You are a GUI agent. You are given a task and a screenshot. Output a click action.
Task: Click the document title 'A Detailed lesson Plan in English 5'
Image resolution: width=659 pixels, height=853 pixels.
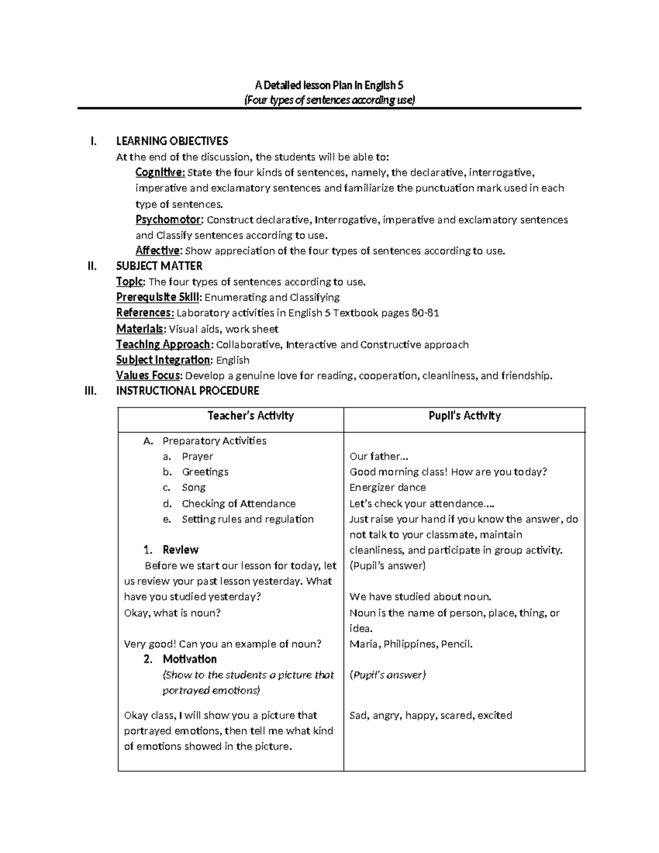coord(329,85)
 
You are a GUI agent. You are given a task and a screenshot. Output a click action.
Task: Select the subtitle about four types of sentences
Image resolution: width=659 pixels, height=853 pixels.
coord(329,100)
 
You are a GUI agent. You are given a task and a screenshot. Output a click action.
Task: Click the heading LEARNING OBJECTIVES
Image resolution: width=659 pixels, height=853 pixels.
coord(172,141)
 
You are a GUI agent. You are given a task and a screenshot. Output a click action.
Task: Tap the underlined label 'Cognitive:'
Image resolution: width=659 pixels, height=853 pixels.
coord(160,172)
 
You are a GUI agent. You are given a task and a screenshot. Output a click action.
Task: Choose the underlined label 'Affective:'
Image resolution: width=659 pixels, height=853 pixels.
coord(158,251)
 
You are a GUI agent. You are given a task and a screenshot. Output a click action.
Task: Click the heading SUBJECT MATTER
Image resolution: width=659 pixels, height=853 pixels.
coord(159,266)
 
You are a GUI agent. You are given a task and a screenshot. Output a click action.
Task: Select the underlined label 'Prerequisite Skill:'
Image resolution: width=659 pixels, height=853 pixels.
coord(159,297)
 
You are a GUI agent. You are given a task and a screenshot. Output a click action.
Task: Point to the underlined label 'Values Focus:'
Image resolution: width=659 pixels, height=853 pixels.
coord(149,376)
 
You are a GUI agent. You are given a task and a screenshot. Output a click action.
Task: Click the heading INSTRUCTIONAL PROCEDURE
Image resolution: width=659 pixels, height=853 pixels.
coord(187,391)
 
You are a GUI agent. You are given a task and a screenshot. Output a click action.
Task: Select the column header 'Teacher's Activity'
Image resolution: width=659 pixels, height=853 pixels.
coord(250,416)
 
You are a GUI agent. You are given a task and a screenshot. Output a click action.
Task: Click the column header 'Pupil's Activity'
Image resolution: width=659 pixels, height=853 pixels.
coord(464,416)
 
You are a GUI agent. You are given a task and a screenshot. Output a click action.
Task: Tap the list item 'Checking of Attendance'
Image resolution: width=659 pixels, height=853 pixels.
coord(238,504)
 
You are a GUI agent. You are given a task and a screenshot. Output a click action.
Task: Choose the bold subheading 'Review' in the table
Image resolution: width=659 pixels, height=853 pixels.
coord(180,550)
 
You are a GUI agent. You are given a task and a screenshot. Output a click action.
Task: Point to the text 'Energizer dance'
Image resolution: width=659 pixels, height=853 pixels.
coord(387,488)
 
